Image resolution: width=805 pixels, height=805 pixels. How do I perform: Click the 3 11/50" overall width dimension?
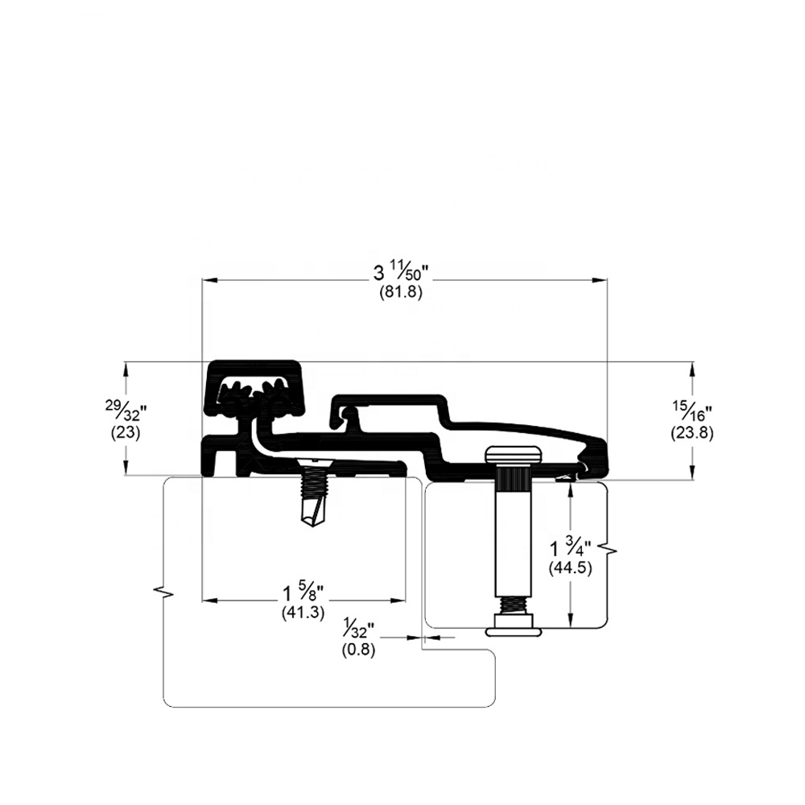coord(400,275)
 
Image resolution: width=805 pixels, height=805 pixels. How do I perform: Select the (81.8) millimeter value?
coord(401,293)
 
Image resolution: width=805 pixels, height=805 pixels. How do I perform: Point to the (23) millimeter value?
coord(126,432)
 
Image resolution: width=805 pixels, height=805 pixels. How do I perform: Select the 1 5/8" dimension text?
coord(303,594)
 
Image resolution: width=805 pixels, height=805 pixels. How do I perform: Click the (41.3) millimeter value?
coord(303,613)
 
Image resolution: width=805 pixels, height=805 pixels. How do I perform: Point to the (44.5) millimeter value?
coord(571,568)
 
